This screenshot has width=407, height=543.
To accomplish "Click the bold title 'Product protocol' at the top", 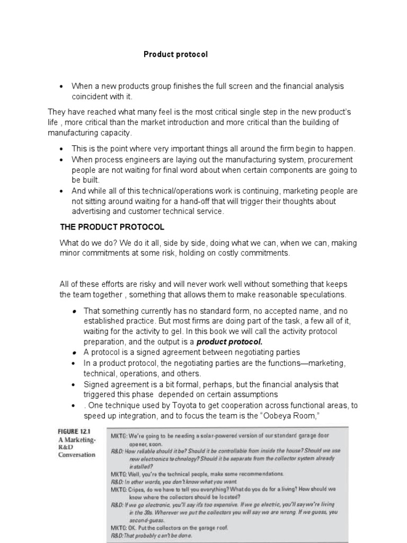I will click(x=176, y=55).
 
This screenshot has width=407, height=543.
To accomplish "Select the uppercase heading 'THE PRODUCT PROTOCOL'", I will click(x=112, y=227).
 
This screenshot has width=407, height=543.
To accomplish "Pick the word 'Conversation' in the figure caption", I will click(x=77, y=454).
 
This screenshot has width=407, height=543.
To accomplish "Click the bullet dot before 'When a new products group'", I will click(x=62, y=86).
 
